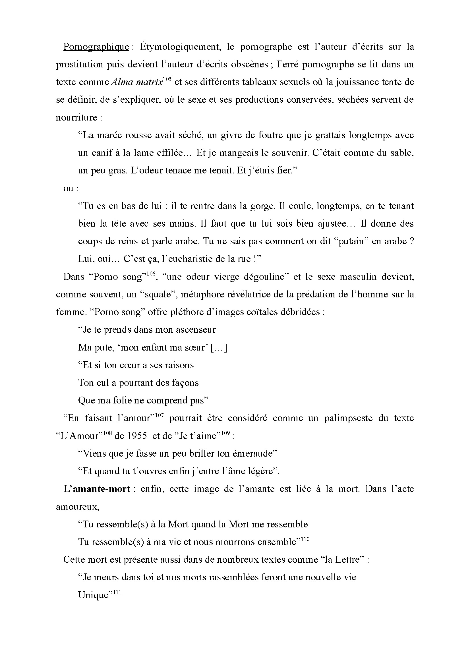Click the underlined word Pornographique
pos(96,47)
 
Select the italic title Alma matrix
pos(137,82)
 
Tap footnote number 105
pos(167,79)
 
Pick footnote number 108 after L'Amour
pos(107,433)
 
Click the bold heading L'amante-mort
pos(97,489)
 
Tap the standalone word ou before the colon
pos(68,188)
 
